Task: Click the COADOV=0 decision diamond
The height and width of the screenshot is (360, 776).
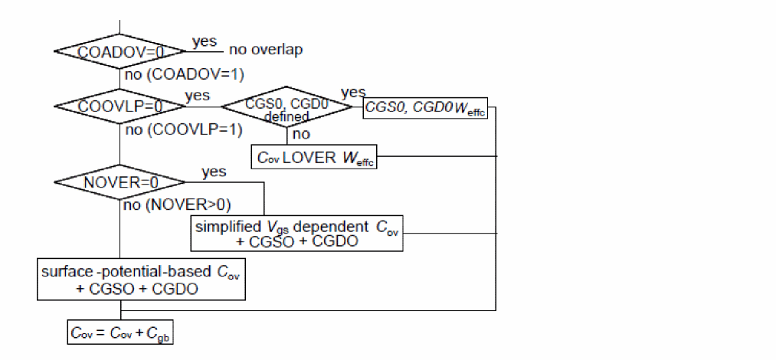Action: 120,51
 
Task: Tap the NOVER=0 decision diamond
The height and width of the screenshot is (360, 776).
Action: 120,182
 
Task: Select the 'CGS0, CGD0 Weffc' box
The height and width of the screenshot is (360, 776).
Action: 424,108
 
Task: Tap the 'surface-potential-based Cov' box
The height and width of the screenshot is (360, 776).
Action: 143,279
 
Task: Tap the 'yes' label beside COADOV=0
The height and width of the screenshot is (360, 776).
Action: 205,41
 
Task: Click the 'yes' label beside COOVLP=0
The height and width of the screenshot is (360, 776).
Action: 197,96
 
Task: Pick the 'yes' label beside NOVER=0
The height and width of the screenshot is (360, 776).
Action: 214,172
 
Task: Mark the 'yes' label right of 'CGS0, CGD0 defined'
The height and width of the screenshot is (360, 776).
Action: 352,93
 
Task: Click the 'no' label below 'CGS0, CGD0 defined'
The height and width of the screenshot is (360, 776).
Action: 301,134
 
